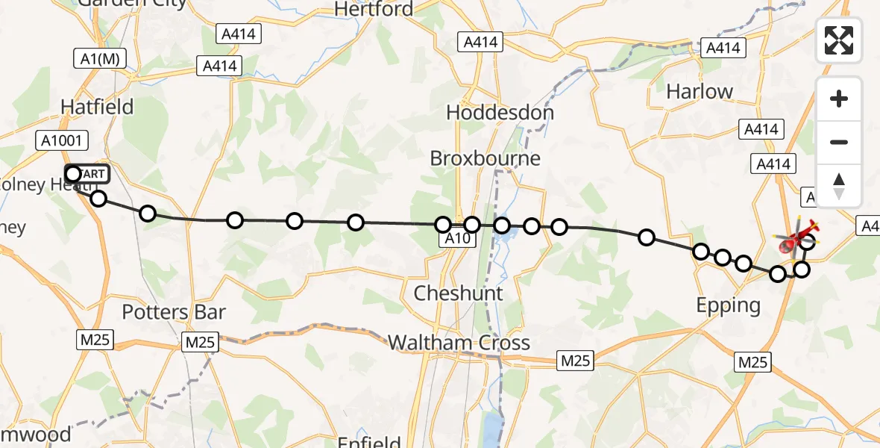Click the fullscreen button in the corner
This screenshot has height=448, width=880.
pos(839,40)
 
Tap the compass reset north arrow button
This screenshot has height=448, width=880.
pos(839,186)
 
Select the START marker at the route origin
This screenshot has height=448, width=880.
pos(87,174)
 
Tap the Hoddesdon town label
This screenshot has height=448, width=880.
pos(500,113)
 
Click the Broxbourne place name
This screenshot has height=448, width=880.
pos(485,159)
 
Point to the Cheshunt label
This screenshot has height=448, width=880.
pos(459,293)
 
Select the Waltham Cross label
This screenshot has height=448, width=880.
pos(459,343)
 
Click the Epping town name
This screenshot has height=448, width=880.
pos(728,305)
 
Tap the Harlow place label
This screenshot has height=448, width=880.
pos(700,92)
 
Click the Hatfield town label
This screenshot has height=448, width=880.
pos(97,108)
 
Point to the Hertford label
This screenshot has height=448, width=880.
pos(374,9)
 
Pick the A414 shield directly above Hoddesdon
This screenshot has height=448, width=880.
pos(480,43)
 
